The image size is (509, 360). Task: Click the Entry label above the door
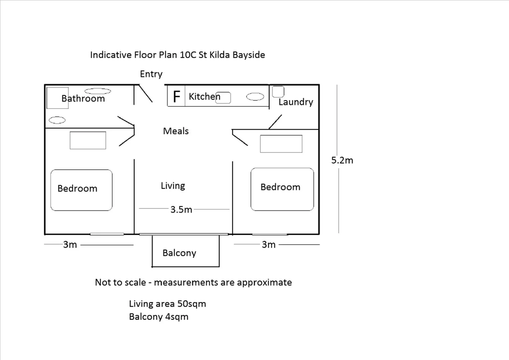pos(151,74)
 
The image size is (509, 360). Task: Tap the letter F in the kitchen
pos(177,97)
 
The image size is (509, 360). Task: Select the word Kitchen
pos(204,97)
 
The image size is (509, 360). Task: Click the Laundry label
pos(295,102)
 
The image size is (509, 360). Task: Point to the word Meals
pos(176,131)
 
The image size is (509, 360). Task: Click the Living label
pos(173,186)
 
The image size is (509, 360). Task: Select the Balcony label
pos(179,253)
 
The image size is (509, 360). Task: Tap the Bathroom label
pos(83,99)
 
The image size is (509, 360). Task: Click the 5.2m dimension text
pos(342,160)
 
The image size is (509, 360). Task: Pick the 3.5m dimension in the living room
pos(181,210)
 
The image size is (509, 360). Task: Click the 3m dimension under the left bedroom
pos(70,245)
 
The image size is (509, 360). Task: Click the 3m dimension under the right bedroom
pos(268,245)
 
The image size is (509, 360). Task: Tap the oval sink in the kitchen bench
pos(255,97)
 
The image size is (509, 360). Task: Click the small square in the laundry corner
pos(278,91)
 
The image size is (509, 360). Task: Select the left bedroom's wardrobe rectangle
pos(88,140)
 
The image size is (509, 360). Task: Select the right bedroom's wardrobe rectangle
pos(281,144)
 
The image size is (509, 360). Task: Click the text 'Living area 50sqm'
pos(167,304)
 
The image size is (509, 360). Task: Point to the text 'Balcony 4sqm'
pos(159,317)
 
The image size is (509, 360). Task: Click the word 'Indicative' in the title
pos(111,55)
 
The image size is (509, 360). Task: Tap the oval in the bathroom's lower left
pos(57,120)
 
